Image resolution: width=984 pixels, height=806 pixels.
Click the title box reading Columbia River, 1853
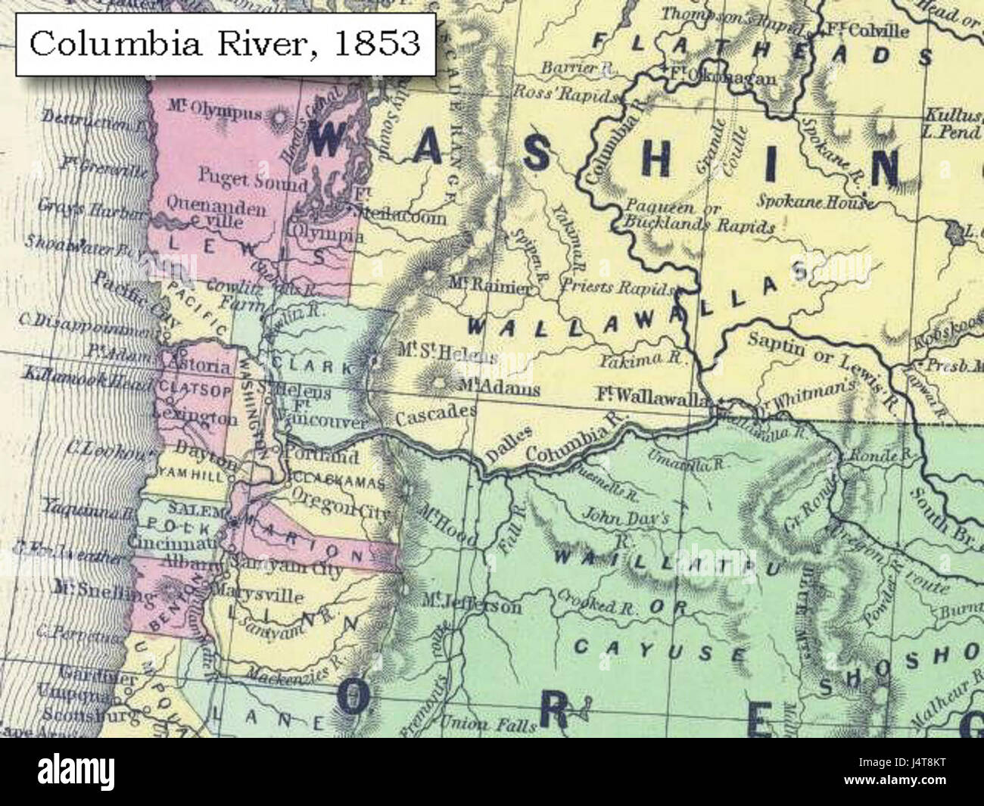pyautogui.click(x=225, y=43)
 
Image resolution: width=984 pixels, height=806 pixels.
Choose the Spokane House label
pyautogui.click(x=814, y=202)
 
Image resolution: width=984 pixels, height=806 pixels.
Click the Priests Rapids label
pyautogui.click(x=618, y=288)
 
